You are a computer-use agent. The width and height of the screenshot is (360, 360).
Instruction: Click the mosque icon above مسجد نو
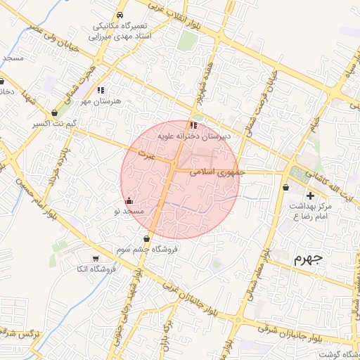(128, 201)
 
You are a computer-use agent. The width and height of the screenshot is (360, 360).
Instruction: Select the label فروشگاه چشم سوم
(148, 249)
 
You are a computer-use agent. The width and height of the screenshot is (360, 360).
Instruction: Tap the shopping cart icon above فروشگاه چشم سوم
(146, 238)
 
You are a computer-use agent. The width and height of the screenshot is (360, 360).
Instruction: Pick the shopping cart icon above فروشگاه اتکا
(96, 258)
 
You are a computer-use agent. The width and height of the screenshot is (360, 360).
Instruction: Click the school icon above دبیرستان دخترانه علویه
(194, 125)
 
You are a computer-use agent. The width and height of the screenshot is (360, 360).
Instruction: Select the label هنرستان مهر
(101, 101)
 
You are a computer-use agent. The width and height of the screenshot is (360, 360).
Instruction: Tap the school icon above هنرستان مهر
(101, 90)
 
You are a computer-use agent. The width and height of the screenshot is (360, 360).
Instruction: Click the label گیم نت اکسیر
(56, 123)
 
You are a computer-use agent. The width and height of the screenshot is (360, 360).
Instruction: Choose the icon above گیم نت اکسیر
(56, 112)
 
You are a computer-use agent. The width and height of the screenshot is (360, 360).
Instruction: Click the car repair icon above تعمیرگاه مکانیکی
(120, 14)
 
